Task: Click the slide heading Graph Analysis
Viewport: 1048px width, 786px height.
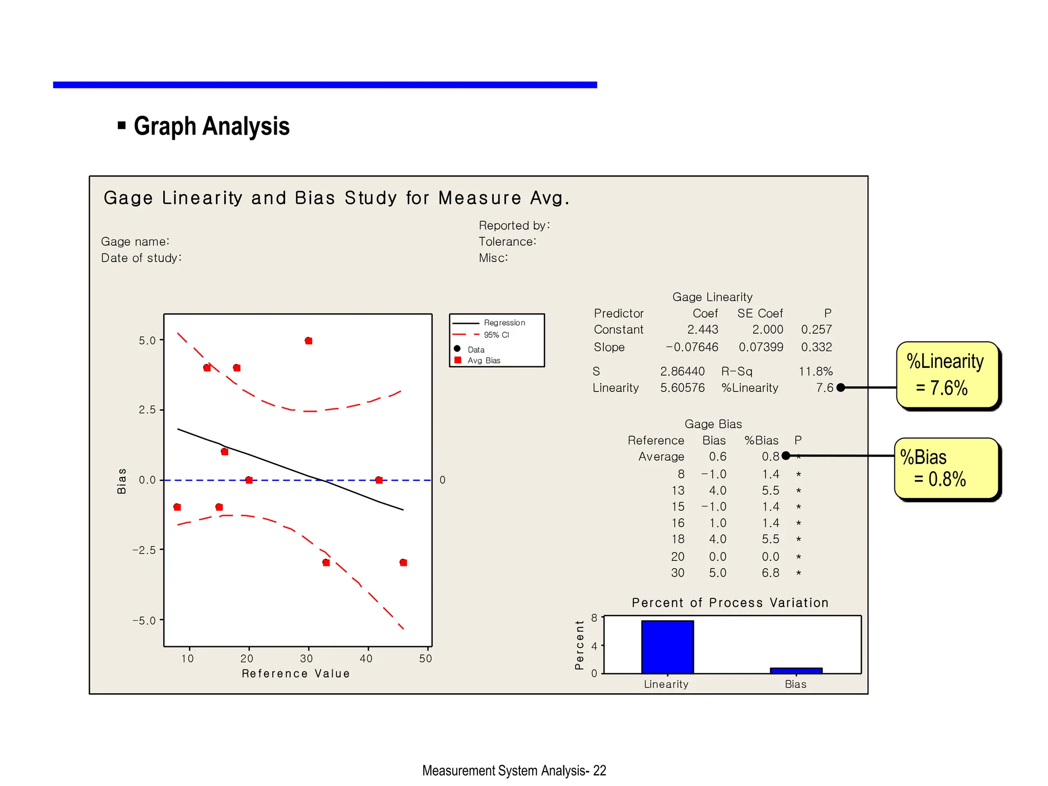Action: [x=211, y=126]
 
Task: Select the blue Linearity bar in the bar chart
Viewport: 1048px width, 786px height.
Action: [x=667, y=647]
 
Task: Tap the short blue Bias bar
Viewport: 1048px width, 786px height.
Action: [x=796, y=670]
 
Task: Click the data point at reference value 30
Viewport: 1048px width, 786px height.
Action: [x=309, y=341]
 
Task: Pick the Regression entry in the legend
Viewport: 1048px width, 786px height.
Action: [x=504, y=323]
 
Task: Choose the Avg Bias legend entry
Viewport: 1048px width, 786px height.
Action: [x=483, y=361]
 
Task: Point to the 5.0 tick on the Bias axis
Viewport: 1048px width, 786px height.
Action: [x=147, y=340]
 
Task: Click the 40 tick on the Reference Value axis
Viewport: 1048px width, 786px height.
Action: [x=366, y=659]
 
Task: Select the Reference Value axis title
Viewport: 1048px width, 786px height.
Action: [x=296, y=674]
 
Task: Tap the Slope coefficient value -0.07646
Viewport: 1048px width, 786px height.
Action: [x=692, y=347]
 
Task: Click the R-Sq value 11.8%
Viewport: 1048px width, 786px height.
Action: [x=816, y=372]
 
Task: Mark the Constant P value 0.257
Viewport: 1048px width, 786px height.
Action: [x=816, y=330]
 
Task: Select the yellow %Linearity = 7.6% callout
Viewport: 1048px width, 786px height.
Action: [x=948, y=375]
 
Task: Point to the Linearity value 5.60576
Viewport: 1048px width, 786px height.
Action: [x=682, y=388]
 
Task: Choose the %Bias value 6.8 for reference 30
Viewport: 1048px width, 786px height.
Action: [x=770, y=573]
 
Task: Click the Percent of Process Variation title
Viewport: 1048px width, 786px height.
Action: [x=730, y=603]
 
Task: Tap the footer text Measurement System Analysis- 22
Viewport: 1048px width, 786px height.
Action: [x=514, y=771]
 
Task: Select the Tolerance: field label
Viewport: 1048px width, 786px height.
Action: [x=507, y=242]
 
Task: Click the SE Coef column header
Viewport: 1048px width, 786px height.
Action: [x=760, y=313]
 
